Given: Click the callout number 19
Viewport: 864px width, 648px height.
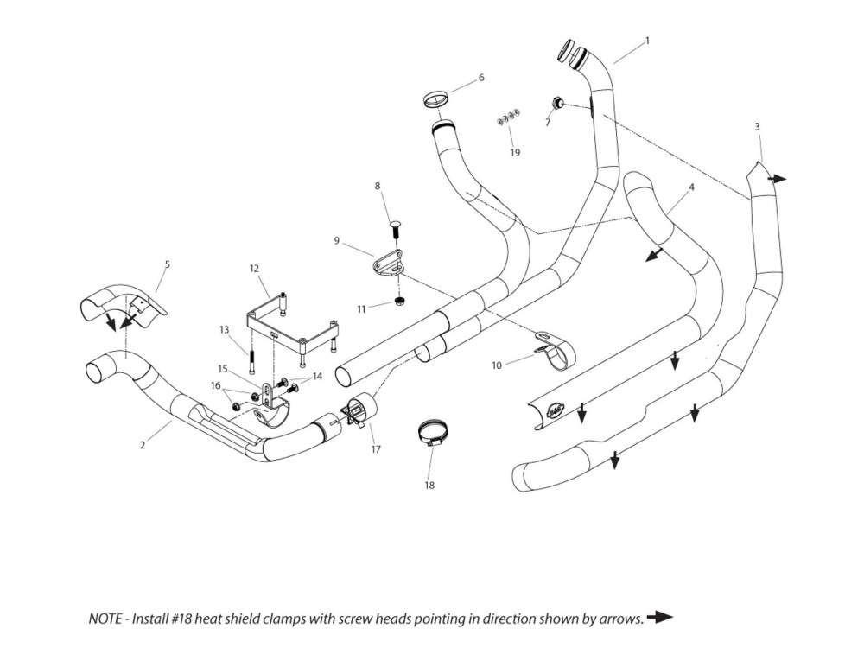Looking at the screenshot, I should tap(515, 153).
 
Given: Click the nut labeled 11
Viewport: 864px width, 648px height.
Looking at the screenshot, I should tap(400, 302).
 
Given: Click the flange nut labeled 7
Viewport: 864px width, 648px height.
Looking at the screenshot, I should tap(557, 105).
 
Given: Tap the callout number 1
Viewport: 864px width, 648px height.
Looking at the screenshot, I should tap(647, 41).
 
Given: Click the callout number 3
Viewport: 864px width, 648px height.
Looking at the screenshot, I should tap(757, 127).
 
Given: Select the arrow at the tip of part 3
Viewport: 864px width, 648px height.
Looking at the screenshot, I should tap(778, 179).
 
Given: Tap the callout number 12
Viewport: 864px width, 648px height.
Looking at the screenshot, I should tap(255, 269).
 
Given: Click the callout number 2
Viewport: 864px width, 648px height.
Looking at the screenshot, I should tap(143, 446).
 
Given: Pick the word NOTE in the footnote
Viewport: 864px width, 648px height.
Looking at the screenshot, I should tap(105, 619).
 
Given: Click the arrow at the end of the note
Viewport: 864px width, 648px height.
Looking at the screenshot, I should tap(660, 617).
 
